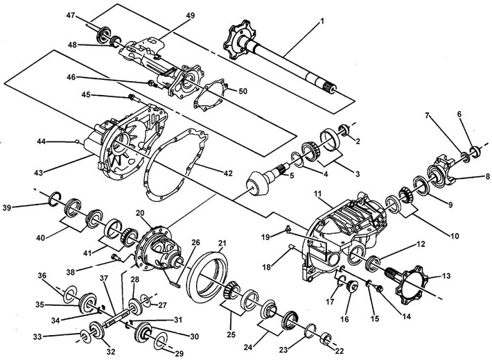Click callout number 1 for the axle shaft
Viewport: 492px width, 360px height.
coord(322,22)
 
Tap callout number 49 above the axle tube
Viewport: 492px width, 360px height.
coord(190,15)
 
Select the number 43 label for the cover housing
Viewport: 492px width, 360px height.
coord(39,172)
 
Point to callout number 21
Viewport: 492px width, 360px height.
coord(222,243)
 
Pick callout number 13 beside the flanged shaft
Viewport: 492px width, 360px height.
coord(446,276)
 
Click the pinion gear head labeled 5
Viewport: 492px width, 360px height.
coord(258,185)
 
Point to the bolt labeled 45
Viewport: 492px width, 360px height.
coord(134,97)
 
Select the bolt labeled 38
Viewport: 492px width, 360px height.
coord(116,257)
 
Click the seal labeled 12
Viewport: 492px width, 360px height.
coord(373,263)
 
